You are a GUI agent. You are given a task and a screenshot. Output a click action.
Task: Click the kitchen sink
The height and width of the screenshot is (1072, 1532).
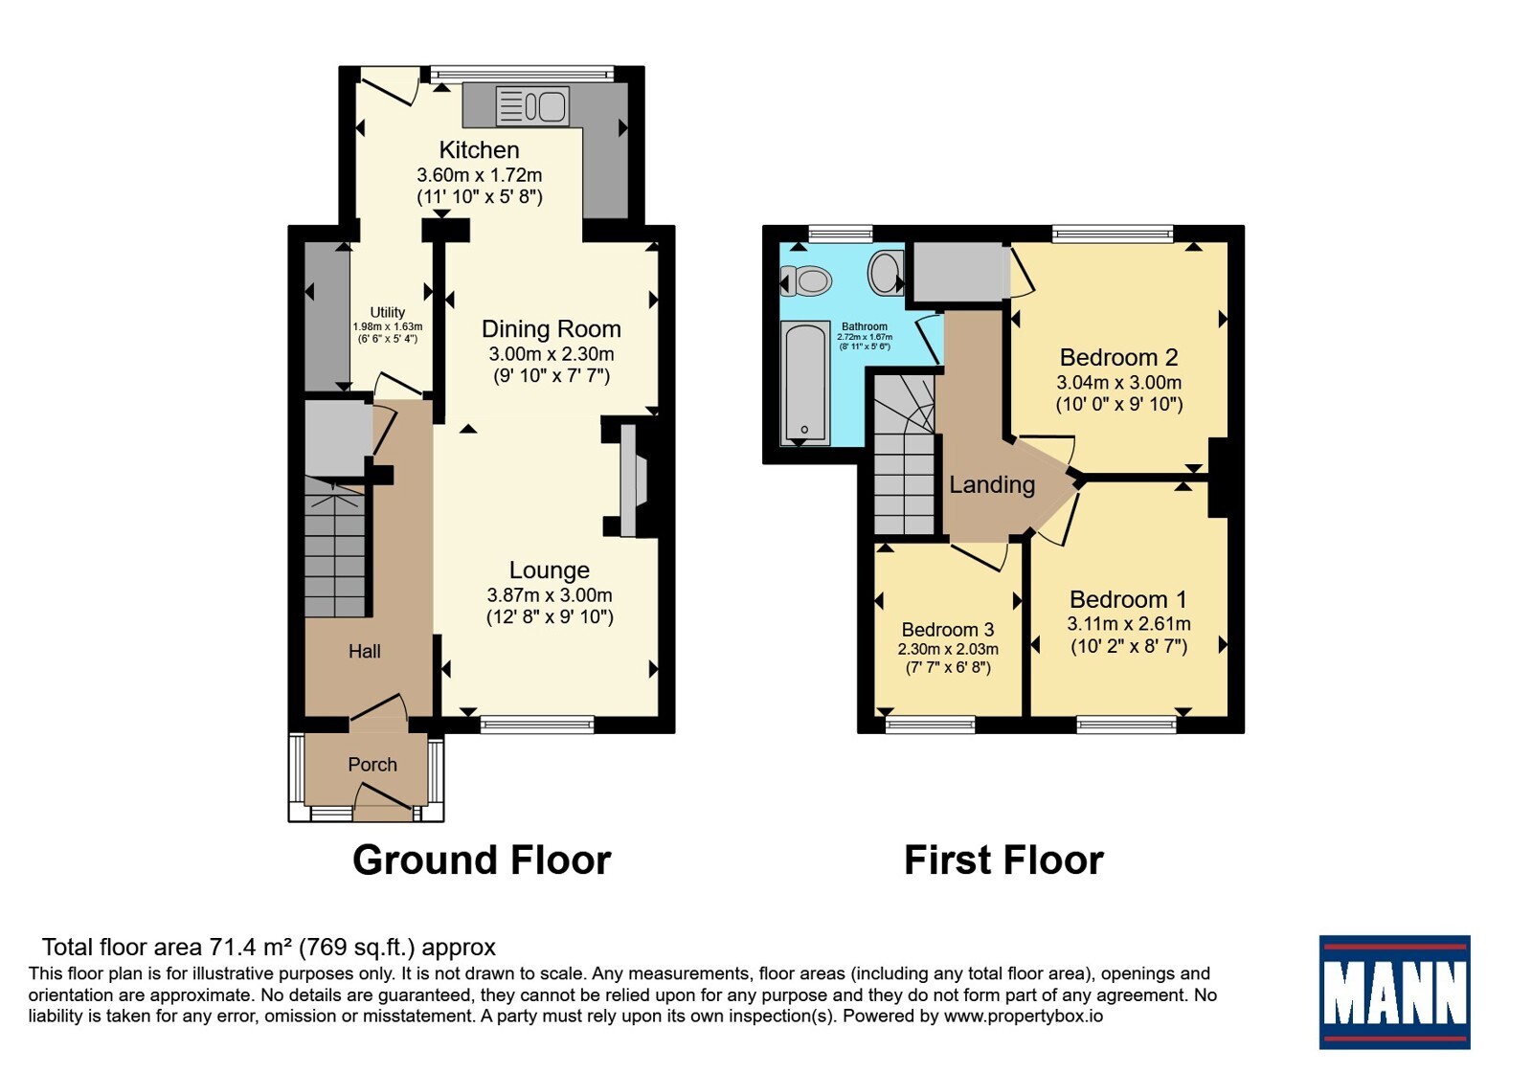pos(532,106)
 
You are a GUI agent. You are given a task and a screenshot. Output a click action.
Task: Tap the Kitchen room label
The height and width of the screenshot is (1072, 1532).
pos(479,149)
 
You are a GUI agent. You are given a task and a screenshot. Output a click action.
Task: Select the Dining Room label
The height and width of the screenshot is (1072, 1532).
pos(552,329)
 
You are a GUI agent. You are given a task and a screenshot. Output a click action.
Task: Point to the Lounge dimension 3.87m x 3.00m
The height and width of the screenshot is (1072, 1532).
pos(550,594)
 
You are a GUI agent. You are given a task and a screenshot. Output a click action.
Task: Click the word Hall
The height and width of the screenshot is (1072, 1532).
pos(365,651)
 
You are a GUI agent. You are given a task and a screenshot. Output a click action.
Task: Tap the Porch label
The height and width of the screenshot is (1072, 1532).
pos(372,764)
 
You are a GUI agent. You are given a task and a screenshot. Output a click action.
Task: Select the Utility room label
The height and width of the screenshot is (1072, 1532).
pos(387,312)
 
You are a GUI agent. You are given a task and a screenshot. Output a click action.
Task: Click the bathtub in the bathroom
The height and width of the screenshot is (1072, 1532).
pos(805,383)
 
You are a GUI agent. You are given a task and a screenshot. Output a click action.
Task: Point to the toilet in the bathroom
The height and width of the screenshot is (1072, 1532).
pos(806,281)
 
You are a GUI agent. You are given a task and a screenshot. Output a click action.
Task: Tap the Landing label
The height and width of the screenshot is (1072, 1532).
pos(992,484)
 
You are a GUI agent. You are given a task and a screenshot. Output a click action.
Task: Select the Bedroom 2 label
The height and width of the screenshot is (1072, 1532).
pos(1119,357)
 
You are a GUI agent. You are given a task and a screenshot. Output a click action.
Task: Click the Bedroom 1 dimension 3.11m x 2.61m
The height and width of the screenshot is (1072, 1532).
pos(1129,623)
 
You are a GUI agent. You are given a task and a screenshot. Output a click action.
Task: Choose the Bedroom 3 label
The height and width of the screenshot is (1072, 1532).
pos(948,629)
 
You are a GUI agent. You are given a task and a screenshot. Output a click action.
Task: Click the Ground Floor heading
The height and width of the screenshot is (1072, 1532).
pos(482,860)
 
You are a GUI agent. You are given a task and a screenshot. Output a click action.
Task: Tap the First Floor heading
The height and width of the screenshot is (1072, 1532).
pos(1004,860)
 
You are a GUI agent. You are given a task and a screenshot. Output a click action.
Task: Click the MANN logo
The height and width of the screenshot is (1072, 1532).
pos(1394,992)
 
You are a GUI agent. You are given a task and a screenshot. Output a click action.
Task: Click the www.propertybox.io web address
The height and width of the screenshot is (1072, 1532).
pos(1024,1016)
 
